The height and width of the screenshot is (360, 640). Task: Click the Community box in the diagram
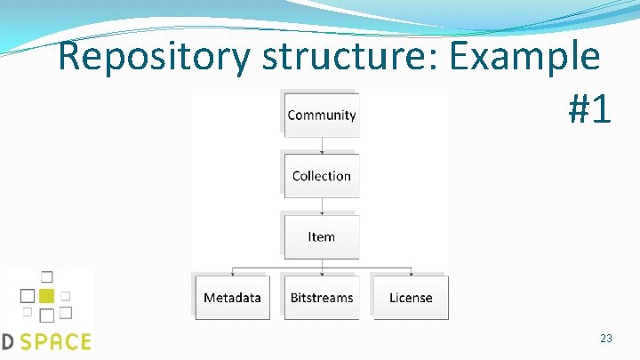click(x=321, y=115)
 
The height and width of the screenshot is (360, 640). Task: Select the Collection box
click(x=321, y=175)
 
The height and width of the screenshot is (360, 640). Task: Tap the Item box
click(x=321, y=236)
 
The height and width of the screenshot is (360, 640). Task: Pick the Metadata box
click(x=232, y=298)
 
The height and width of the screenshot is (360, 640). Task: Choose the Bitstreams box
click(x=321, y=298)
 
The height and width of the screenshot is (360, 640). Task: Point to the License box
click(x=410, y=298)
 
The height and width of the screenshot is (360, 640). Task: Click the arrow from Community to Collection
click(x=321, y=144)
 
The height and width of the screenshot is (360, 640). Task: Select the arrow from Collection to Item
click(x=321, y=205)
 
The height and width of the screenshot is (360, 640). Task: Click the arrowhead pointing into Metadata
click(x=232, y=273)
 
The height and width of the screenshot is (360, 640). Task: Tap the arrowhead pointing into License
click(x=410, y=273)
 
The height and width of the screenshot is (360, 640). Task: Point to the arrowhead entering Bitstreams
click(x=321, y=273)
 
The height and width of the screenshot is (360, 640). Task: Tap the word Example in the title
click(x=524, y=59)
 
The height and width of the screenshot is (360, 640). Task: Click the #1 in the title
click(x=589, y=108)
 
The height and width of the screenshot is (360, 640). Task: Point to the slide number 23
click(x=606, y=339)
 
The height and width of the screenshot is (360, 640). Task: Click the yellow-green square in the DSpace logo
click(x=47, y=295)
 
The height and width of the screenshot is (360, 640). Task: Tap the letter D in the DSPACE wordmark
click(x=6, y=341)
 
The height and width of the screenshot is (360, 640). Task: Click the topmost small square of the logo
click(x=47, y=276)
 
